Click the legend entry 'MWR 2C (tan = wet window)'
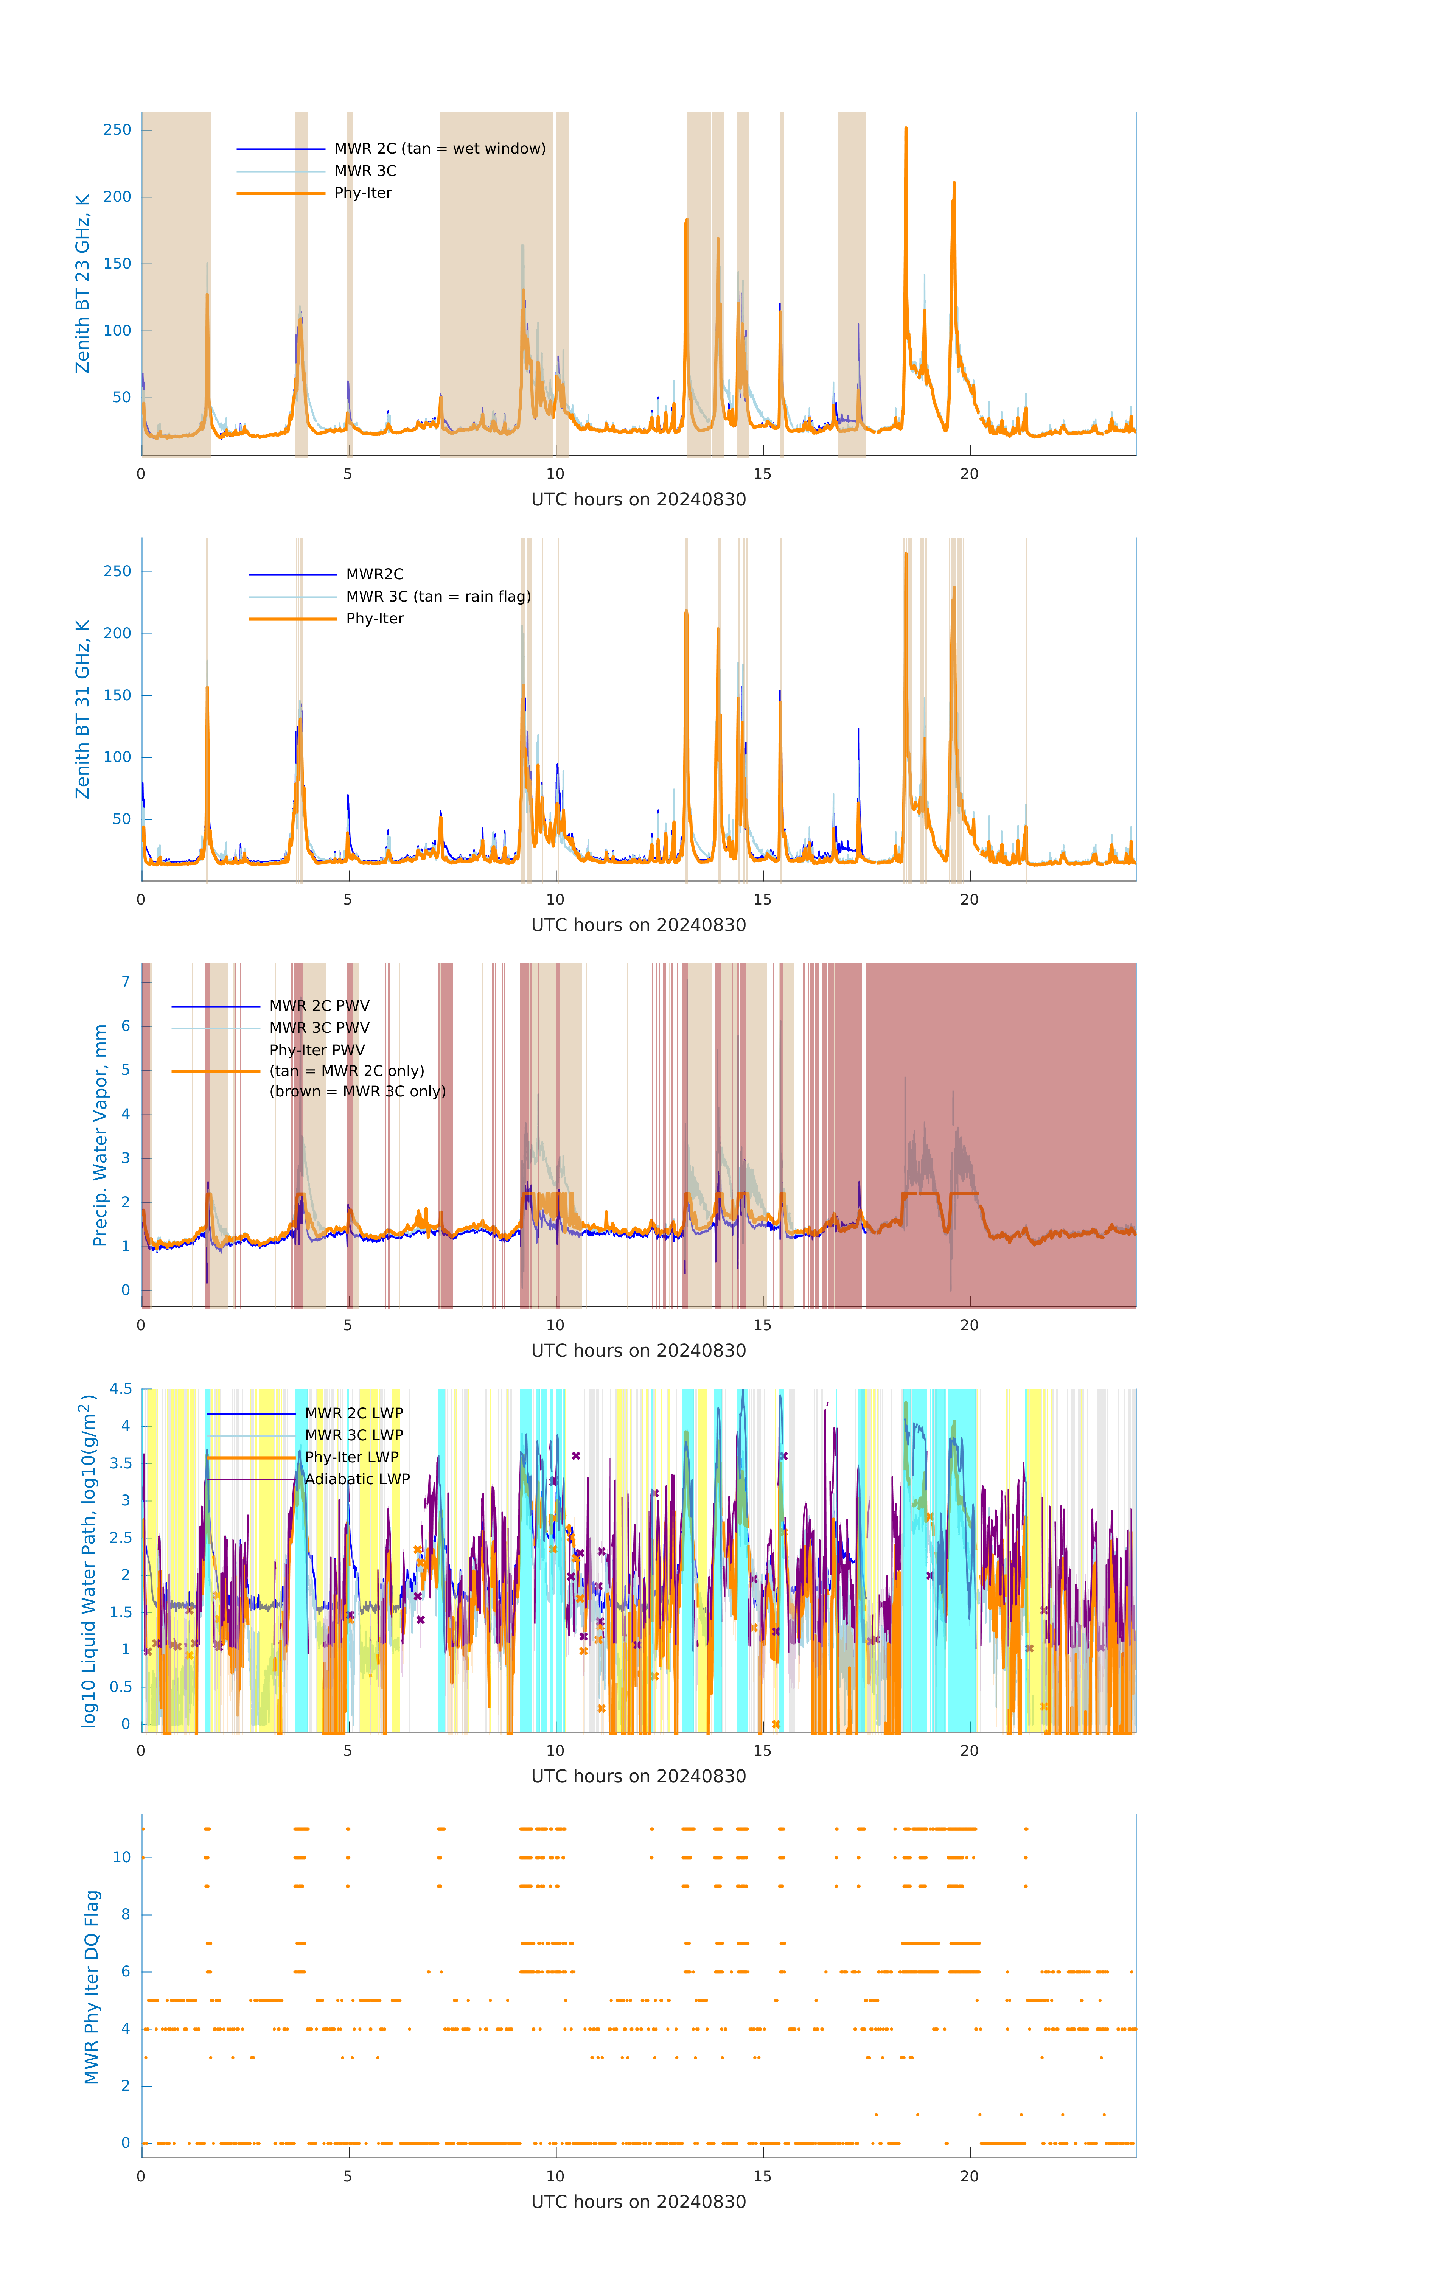[439, 149]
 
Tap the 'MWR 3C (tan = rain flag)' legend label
[438, 597]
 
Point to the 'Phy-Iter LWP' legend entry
[351, 1457]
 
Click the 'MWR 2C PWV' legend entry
[320, 1006]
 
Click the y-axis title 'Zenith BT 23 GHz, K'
[83, 284]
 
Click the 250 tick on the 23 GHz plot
[118, 130]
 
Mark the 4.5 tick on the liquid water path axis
[121, 1390]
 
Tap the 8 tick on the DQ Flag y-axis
[125, 1915]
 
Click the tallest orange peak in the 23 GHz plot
[906, 129]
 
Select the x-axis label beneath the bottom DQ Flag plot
[638, 2202]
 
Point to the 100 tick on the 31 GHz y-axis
[118, 757]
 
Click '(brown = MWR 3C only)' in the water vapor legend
[357, 1091]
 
